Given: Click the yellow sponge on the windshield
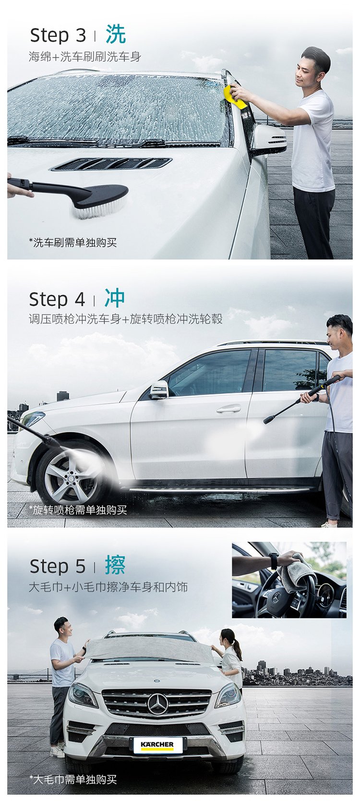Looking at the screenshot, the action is [235, 97].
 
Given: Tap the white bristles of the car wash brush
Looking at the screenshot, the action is [100, 209].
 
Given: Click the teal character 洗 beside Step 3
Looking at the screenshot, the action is [116, 35].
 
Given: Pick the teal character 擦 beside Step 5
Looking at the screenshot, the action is [115, 565].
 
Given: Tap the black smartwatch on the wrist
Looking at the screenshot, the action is [274, 561].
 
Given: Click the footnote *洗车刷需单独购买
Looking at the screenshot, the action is [73, 243].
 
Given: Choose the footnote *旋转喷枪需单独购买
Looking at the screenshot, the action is [78, 509].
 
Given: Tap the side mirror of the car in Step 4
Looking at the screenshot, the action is [159, 390].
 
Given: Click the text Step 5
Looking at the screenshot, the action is [58, 566].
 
